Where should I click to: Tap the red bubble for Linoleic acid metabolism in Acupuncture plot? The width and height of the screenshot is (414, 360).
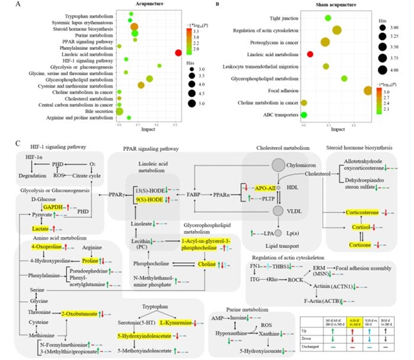(x=177, y=52)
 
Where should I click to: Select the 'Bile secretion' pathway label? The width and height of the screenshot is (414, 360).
(x=97, y=111)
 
